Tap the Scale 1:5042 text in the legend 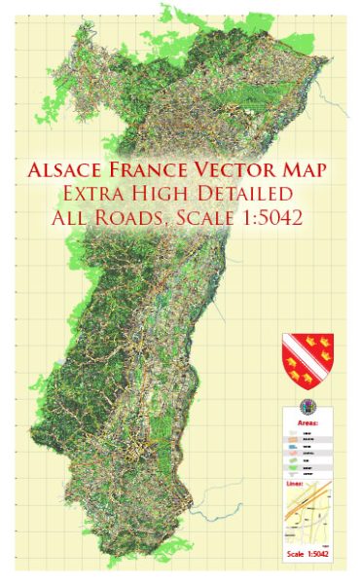pos(307,555)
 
